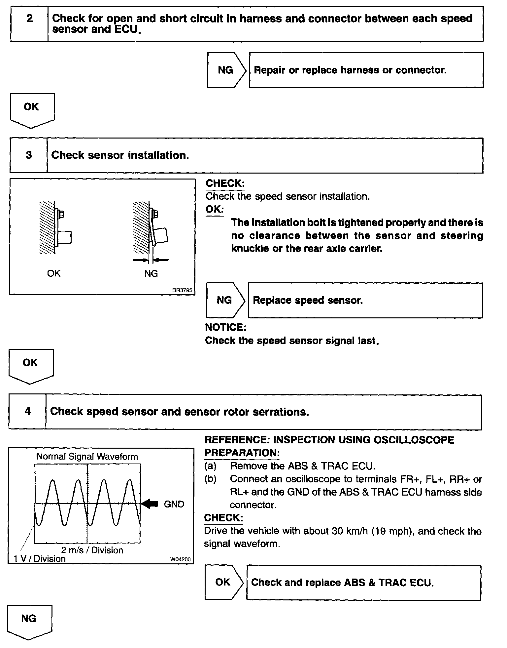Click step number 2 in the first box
tap(30, 19)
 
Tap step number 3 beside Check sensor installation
tap(29, 155)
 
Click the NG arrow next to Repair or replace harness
tap(226, 70)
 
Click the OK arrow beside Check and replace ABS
tap(223, 582)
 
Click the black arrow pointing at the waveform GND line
tap(150, 504)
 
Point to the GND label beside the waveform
tap(174, 504)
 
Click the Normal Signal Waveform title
tap(87, 457)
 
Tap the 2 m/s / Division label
tap(92, 550)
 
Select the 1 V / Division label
tap(40, 559)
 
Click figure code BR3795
tap(182, 290)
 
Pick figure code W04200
tap(180, 559)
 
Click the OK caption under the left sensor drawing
tap(54, 273)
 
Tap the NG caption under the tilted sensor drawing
tap(151, 273)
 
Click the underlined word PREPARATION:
tap(242, 453)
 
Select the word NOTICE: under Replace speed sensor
tap(225, 327)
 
